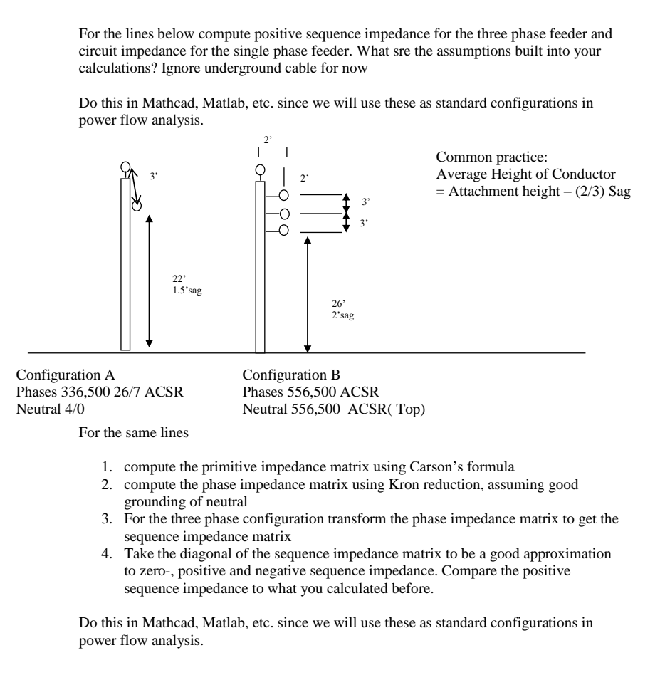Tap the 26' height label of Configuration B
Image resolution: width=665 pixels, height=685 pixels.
coord(328,303)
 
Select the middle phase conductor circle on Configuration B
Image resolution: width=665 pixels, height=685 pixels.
coord(284,214)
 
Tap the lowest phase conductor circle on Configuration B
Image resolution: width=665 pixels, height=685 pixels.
coord(284,230)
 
